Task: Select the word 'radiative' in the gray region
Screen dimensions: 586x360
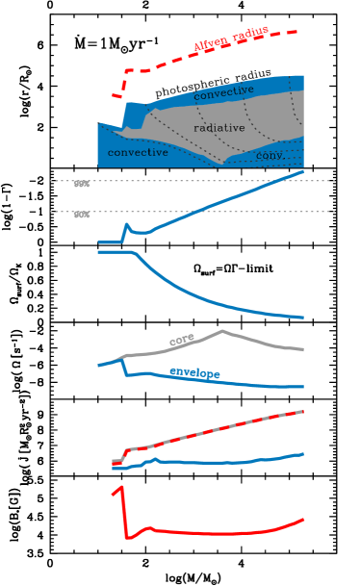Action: click(x=219, y=128)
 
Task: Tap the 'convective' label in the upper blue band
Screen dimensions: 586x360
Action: click(x=223, y=92)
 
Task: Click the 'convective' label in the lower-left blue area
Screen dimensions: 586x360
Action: click(x=138, y=152)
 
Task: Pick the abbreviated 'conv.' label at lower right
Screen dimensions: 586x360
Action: click(x=270, y=155)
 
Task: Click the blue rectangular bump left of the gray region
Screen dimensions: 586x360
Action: click(x=134, y=114)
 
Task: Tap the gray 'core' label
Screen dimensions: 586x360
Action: click(x=182, y=339)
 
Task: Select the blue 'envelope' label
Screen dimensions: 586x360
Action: click(x=194, y=372)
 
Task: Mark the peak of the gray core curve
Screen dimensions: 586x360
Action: click(x=221, y=331)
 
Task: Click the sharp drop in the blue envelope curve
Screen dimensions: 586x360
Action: click(x=126, y=367)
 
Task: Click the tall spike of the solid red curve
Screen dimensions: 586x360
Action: click(x=122, y=489)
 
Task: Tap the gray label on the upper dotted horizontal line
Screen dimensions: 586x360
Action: click(x=82, y=183)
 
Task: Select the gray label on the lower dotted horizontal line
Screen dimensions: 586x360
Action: click(x=82, y=215)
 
